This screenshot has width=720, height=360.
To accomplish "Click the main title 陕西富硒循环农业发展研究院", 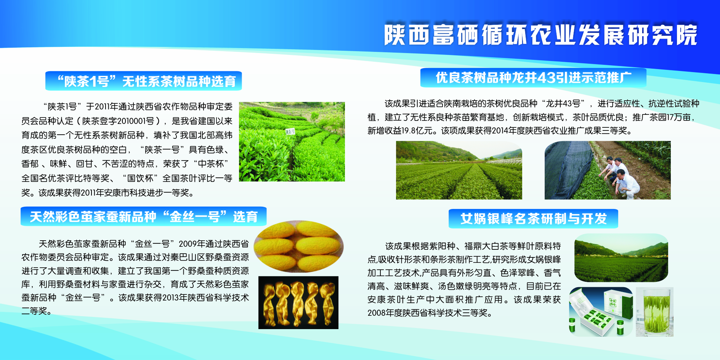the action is (x=541, y=35).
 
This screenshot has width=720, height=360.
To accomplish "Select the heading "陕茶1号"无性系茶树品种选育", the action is (x=147, y=81).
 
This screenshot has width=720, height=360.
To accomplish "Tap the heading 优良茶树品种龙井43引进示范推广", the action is (x=534, y=78).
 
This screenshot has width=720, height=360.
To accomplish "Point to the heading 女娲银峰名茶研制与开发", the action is (x=534, y=219).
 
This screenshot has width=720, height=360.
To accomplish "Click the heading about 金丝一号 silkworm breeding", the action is (x=144, y=217).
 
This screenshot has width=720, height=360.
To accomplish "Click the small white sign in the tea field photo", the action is (x=290, y=132).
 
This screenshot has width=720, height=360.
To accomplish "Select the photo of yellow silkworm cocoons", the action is (x=298, y=246).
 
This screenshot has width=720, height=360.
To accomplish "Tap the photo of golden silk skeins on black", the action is (x=298, y=302).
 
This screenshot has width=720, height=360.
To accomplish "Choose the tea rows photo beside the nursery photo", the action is (x=459, y=170).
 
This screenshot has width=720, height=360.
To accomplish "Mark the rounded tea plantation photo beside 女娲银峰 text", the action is (x=621, y=258).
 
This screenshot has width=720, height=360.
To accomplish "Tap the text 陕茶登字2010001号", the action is (x=118, y=121).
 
